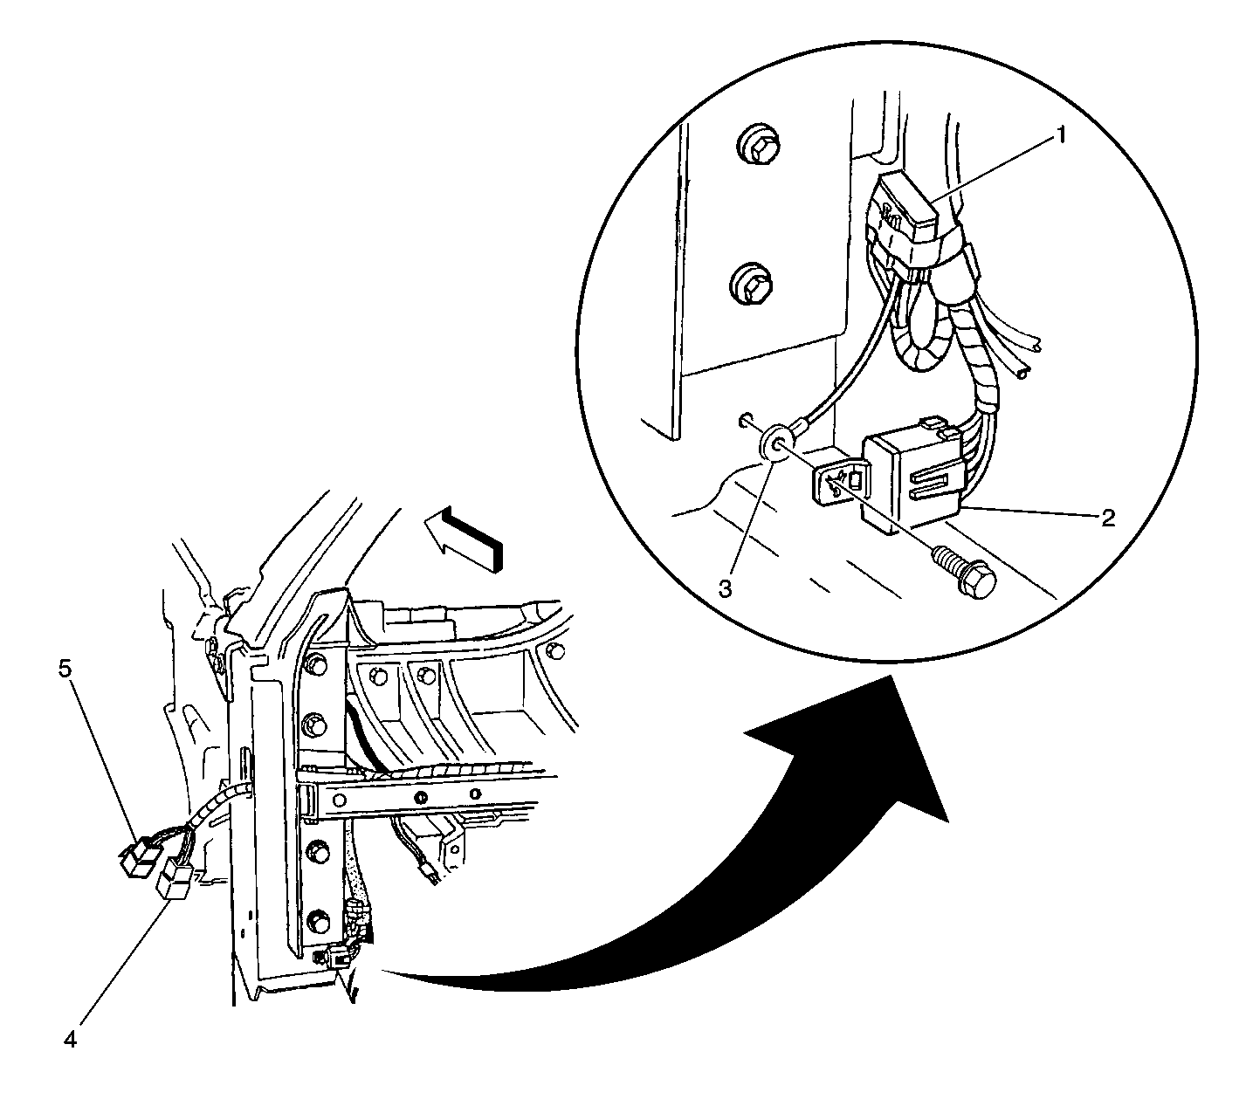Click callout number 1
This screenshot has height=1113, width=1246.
(1061, 136)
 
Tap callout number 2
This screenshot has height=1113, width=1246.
(1108, 518)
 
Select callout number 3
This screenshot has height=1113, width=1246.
(724, 587)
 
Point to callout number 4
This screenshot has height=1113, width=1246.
(70, 1040)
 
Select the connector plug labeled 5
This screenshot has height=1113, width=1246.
(139, 857)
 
